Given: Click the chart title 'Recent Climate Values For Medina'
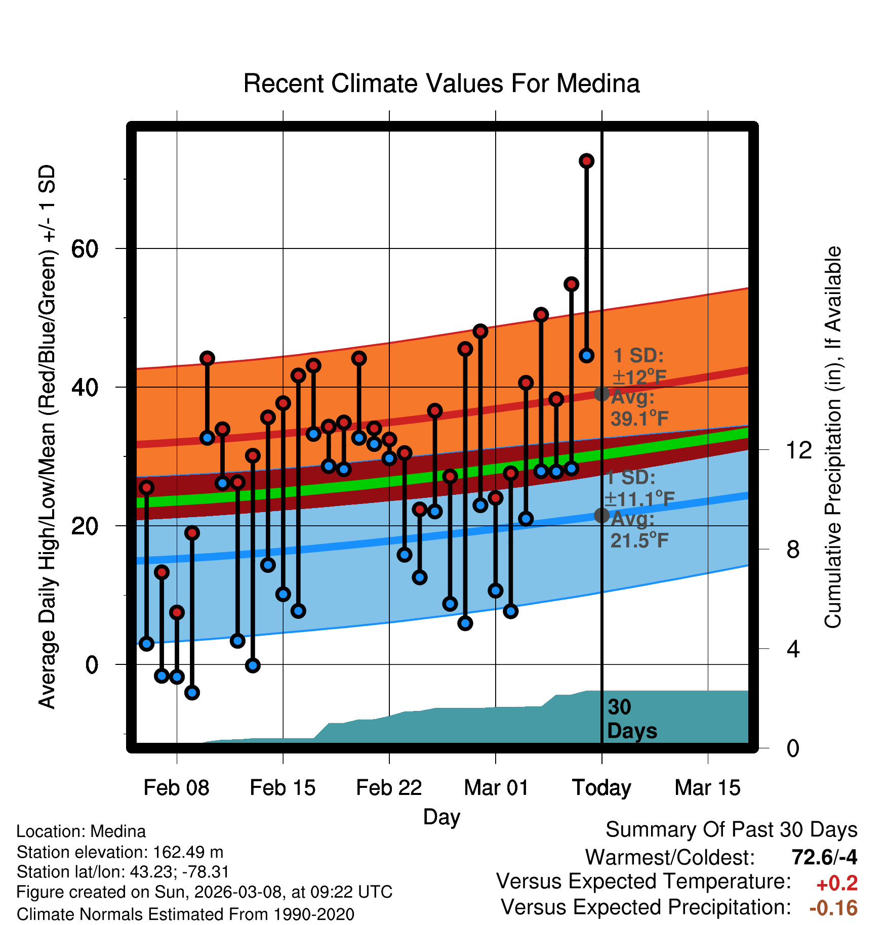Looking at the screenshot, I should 441,83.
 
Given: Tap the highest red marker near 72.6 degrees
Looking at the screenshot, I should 586,161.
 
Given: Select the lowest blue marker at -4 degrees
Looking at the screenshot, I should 192,692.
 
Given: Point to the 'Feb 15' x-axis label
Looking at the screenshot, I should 283,788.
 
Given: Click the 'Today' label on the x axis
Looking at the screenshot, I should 601,788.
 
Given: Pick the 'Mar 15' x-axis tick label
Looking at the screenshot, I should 707,788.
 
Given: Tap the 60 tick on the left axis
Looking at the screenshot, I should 85,248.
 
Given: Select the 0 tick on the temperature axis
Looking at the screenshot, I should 92,664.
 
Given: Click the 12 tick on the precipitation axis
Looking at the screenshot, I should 798,450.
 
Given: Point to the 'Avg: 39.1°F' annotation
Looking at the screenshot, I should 639,408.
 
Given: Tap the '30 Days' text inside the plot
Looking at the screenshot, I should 631,719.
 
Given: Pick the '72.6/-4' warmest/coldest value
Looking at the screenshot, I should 824,857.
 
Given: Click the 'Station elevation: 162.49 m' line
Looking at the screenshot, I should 120,852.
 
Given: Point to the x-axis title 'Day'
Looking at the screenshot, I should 441,817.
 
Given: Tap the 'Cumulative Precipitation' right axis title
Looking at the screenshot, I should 832,437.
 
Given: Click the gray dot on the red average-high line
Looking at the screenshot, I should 601,393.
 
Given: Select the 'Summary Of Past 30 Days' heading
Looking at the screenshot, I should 731,830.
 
